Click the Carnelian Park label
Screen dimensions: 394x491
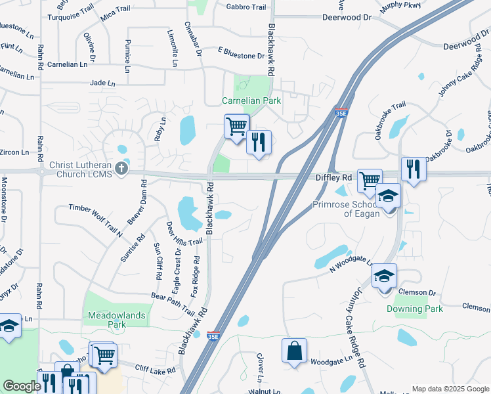(251, 100)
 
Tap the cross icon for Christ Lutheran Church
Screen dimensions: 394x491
(121, 169)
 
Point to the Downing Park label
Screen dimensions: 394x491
(414, 309)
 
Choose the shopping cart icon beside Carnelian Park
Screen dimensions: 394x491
(236, 125)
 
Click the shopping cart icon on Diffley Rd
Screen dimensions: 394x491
(370, 180)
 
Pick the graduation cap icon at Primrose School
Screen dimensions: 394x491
(388, 195)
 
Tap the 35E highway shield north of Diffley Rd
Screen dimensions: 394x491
(341, 113)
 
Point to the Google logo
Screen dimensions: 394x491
(22, 386)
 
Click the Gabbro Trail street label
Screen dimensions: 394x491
(246, 7)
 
